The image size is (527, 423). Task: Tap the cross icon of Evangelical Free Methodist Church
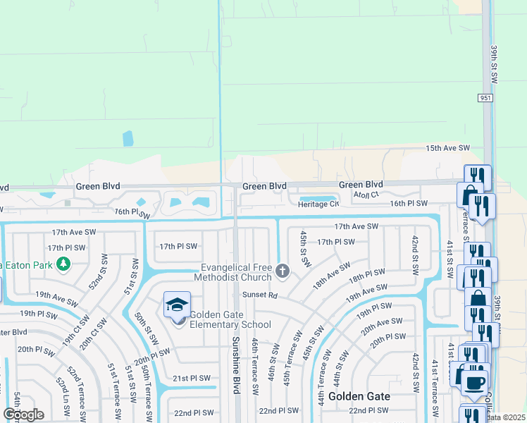point(282,271)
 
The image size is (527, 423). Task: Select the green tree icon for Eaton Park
point(63,264)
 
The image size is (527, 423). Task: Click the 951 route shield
point(484,97)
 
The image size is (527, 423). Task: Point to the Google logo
point(23,415)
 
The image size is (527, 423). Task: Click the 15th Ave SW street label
point(447,148)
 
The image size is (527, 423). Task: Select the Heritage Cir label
point(318,204)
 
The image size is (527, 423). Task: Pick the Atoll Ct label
point(366,194)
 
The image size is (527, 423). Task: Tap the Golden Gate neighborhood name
point(359,396)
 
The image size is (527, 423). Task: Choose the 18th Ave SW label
point(332,275)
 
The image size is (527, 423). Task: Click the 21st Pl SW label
point(192,378)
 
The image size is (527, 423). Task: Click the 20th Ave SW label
point(380,325)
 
